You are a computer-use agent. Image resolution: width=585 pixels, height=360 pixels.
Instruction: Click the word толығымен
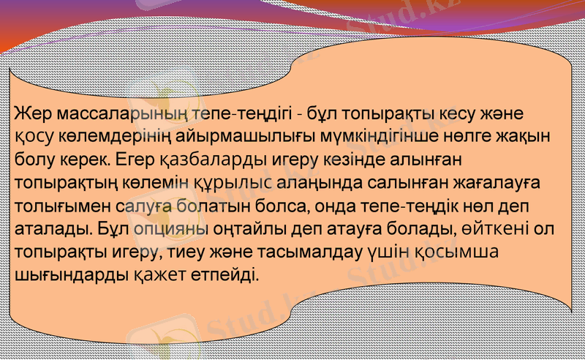tap(58, 205)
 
